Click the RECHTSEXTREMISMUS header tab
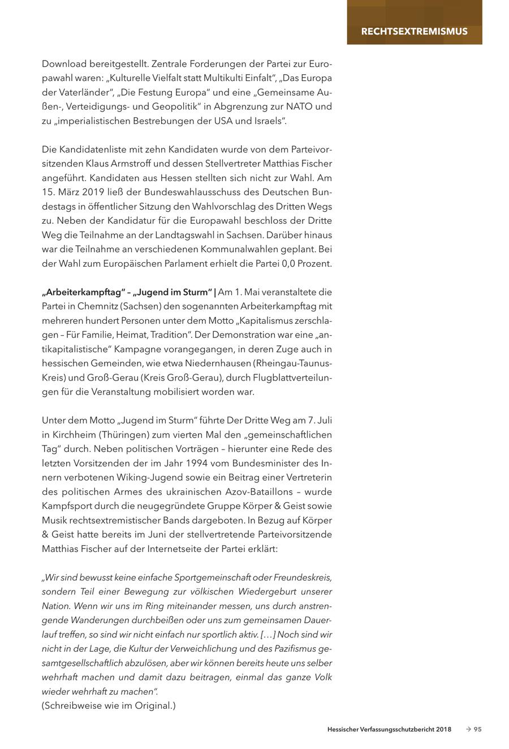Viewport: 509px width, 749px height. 414,31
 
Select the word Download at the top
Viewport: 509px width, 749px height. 63,64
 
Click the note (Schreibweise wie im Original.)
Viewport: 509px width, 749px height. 109,705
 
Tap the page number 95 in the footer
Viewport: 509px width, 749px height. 478,730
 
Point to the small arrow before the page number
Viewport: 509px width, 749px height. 468,730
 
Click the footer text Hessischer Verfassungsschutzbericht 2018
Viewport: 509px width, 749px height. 389,730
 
